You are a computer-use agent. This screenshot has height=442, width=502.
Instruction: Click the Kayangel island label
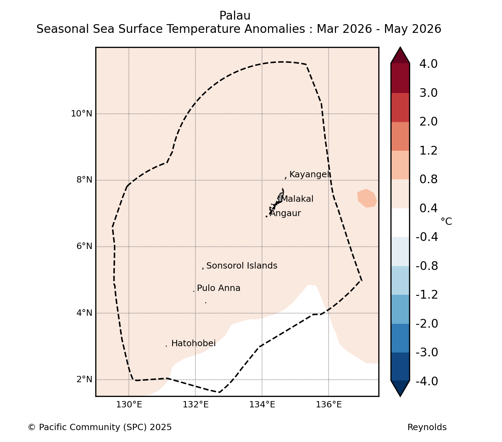click(310, 174)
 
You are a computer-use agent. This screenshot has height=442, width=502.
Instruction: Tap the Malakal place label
click(297, 199)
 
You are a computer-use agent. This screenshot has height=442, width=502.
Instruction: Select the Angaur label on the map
click(285, 213)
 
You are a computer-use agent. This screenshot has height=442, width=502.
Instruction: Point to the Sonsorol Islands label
click(242, 266)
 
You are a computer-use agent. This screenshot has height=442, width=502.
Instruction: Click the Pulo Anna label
click(219, 288)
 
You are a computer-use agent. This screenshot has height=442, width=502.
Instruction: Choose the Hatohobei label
click(193, 343)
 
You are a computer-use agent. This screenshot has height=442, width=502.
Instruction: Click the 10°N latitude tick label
click(82, 114)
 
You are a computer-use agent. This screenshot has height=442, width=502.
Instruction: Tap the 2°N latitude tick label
click(84, 379)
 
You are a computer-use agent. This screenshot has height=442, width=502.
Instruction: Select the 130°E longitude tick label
click(129, 405)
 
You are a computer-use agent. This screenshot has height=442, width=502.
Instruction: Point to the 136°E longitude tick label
click(329, 405)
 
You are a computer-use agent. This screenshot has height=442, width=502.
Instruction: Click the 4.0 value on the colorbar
click(428, 64)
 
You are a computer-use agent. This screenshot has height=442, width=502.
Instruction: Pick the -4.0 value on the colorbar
click(427, 381)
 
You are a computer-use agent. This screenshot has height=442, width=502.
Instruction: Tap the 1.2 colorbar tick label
click(428, 151)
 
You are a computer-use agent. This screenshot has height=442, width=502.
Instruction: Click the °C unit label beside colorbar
click(446, 221)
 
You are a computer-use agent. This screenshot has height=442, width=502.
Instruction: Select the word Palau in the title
click(235, 16)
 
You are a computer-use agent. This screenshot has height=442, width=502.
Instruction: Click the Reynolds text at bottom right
click(427, 427)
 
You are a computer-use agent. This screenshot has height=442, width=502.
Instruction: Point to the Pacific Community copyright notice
click(99, 427)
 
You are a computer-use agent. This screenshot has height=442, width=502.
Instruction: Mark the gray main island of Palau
click(281, 197)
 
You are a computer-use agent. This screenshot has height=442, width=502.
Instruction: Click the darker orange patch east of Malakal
click(367, 198)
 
